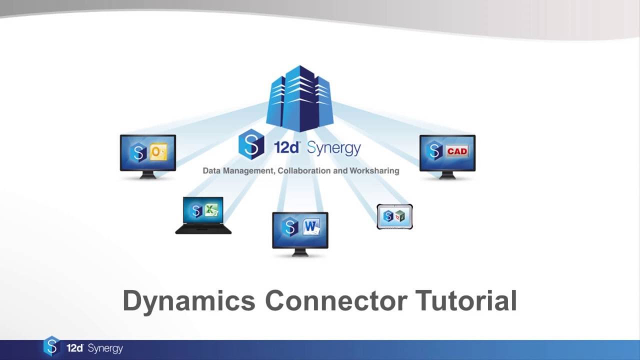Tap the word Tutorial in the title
point(466,301)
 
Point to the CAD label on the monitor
point(457,151)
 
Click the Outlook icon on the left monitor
point(158,151)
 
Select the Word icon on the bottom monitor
point(311,228)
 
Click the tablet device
point(394,216)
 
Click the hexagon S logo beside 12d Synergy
point(251,144)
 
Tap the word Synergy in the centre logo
point(333,148)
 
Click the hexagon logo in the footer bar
point(51,346)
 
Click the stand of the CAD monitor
point(447,175)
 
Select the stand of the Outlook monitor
point(147,175)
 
